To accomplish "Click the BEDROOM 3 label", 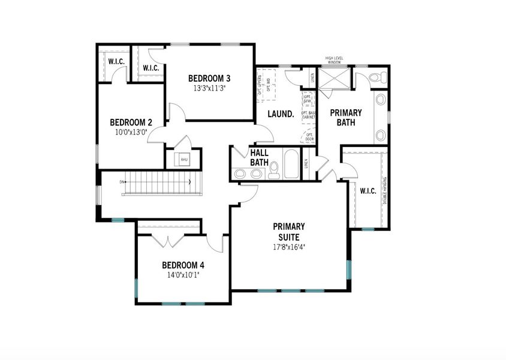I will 209,78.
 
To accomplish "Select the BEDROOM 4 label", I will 183,265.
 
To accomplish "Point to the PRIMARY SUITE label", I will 289,232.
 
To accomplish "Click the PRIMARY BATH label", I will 346,118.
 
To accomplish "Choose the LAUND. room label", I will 280,114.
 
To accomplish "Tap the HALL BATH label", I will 259,158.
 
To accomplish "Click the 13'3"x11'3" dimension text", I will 209,88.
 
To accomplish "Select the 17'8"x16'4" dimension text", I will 290,247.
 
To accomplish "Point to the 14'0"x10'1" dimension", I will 183,275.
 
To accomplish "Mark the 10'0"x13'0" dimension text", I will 131,132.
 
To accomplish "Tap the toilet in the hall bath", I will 274,170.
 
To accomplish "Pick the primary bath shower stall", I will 333,79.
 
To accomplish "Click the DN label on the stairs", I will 122,181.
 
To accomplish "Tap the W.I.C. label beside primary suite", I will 368,191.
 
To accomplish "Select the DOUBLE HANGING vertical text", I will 384,190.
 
